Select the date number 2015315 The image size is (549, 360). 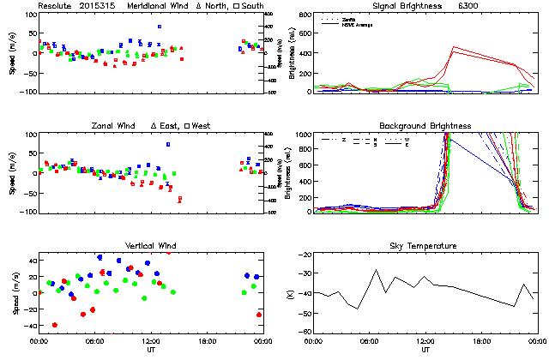pyautogui.click(x=100, y=6)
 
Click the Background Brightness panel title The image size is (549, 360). pyautogui.click(x=425, y=126)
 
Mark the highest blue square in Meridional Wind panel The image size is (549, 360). pyautogui.click(x=160, y=27)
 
